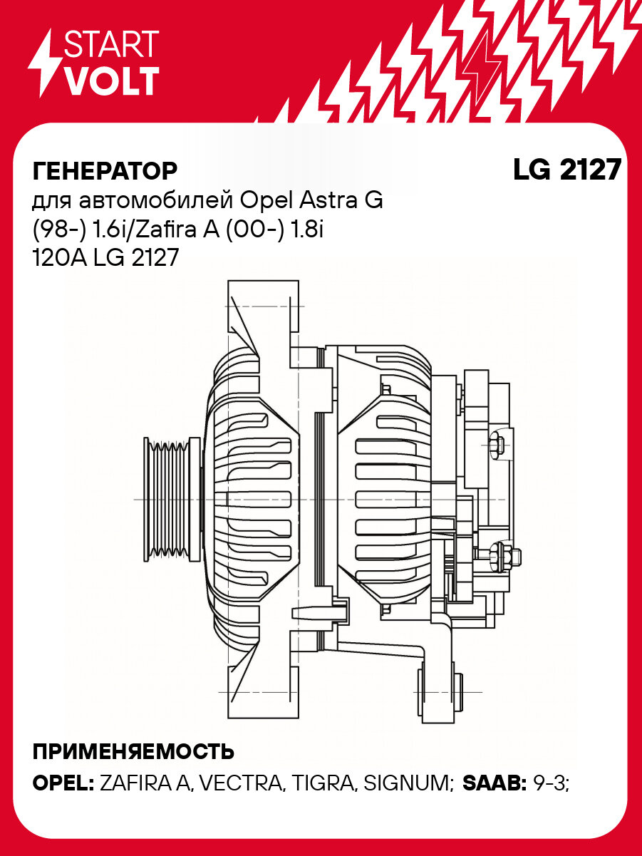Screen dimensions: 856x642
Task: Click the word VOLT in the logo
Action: pos(111,82)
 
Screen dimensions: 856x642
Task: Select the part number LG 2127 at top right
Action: pos(566,170)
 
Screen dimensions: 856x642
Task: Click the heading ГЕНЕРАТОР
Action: pos(105,171)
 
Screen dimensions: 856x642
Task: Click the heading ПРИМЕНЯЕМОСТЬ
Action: pos(133,751)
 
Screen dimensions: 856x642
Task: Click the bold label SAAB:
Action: pos(495,783)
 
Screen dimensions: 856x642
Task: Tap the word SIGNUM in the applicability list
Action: pos(408,783)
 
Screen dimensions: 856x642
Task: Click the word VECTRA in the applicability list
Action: pos(240,783)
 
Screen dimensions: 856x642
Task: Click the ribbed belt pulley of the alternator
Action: pos(169,499)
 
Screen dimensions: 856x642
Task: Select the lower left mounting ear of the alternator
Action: pos(259,688)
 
